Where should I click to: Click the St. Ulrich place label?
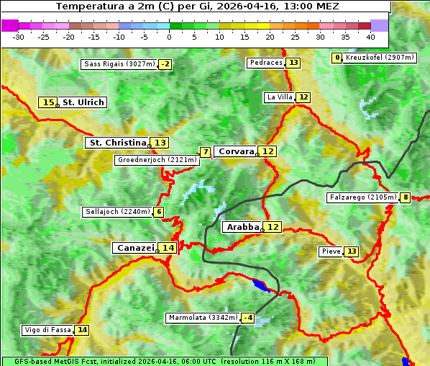83,102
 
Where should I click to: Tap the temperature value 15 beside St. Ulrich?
48,103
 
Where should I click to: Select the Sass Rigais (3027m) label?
119,64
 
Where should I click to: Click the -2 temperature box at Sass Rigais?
165,64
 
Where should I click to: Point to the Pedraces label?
266,63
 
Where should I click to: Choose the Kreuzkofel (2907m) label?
380,58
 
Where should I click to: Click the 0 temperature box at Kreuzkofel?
337,58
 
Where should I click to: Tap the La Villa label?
280,97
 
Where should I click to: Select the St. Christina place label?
116,143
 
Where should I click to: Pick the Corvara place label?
236,151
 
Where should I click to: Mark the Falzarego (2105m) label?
362,197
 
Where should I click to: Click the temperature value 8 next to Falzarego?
406,197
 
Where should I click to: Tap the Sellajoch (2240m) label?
116,212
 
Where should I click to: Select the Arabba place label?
242,227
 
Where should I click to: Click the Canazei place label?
134,247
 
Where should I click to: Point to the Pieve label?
331,251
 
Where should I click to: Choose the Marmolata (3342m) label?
202,318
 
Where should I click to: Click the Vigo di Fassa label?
48,330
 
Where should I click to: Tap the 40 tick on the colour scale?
370,36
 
